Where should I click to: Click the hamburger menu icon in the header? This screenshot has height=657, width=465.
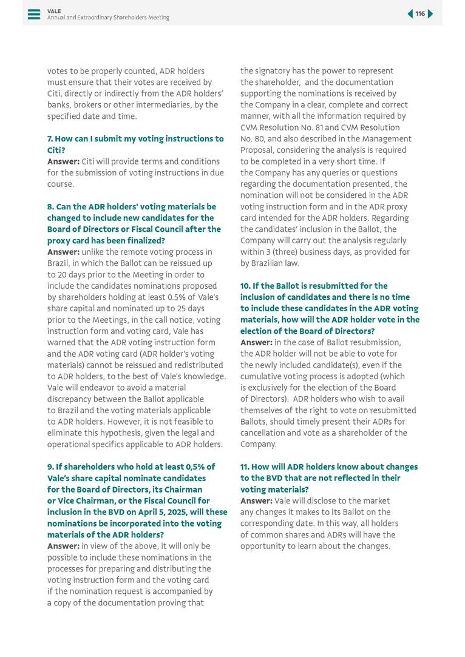click(34, 14)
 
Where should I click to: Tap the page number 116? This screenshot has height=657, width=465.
click(420, 14)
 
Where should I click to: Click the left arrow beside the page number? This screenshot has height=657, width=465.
click(410, 14)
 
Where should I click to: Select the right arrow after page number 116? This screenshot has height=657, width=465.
click(430, 14)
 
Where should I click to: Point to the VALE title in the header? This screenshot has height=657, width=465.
click(54, 11)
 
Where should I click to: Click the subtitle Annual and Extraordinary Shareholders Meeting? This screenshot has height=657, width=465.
click(108, 18)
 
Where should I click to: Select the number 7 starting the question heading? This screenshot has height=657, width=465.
click(50, 139)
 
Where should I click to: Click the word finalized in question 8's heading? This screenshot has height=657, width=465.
click(144, 241)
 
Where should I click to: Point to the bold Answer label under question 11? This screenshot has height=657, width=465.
click(256, 501)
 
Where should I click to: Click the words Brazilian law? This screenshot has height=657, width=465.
click(276, 263)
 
